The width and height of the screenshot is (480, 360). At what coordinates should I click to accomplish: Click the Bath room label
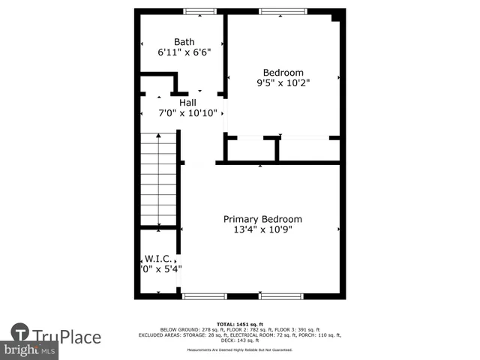(184, 42)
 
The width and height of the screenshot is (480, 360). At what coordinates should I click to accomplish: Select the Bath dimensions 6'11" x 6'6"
(184, 53)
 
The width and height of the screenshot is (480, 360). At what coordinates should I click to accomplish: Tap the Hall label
(188, 102)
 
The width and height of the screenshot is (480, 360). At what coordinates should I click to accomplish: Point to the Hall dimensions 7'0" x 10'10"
(187, 113)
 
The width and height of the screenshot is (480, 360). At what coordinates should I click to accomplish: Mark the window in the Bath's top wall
(199, 11)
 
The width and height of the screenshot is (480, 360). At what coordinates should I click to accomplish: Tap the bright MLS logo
(30, 350)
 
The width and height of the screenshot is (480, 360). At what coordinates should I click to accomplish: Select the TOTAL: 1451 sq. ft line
(239, 324)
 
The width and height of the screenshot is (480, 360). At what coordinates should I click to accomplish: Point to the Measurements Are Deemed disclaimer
(239, 350)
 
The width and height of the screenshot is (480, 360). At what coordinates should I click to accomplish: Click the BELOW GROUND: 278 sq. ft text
(182, 330)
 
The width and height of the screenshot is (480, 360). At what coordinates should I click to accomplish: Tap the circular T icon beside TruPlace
(20, 333)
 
